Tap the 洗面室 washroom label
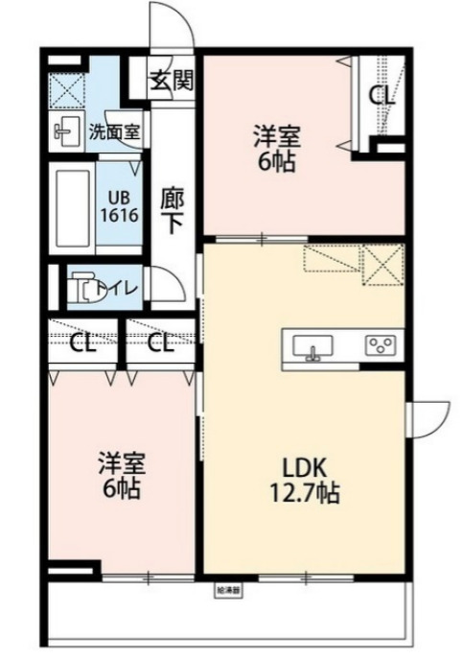point(114,131)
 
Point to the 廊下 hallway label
point(172,211)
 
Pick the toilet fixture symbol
point(83,286)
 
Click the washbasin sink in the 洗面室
point(65,132)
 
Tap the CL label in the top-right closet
point(381,96)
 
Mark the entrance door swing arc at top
point(173,24)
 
